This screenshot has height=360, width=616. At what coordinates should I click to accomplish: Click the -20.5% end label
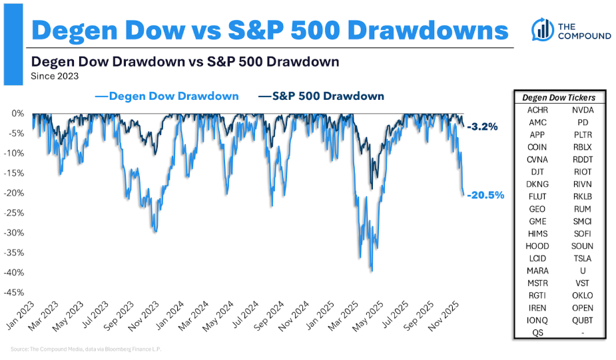(x=485, y=195)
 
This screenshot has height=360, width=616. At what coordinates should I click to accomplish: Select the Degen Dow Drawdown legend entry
(x=167, y=96)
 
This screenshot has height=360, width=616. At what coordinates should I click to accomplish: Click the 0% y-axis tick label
(x=17, y=113)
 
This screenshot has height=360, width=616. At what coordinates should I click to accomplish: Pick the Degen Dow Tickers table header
(x=558, y=98)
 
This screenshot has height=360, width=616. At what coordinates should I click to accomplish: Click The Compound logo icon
(x=543, y=29)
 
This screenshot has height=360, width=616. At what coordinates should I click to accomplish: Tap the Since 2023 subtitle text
(x=55, y=76)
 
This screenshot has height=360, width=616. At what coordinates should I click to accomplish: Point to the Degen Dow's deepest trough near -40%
(x=370, y=270)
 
